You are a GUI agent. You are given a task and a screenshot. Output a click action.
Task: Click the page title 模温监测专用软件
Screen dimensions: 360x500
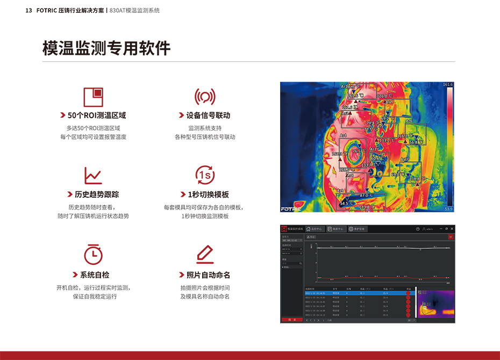106,48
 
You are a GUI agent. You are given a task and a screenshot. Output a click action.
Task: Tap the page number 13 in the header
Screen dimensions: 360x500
29,10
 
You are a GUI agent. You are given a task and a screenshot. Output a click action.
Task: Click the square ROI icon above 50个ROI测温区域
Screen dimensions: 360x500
93,97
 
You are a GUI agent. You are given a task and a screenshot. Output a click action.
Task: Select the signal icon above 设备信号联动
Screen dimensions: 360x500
204,97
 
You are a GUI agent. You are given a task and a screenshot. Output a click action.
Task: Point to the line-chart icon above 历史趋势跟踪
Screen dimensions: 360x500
93,175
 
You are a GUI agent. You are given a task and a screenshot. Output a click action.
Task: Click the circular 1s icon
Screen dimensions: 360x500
205,175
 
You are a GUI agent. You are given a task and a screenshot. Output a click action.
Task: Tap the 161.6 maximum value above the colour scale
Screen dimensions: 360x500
448,85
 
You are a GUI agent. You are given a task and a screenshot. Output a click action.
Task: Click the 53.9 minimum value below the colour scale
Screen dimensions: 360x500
448,208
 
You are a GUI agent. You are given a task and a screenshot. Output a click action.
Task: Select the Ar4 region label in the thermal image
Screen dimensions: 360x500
343,135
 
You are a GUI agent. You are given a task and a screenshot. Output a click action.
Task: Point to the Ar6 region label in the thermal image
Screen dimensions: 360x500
409,121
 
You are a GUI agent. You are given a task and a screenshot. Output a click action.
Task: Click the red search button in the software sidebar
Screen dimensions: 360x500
291,320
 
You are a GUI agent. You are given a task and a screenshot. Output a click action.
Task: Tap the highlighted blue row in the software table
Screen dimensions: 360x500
355,293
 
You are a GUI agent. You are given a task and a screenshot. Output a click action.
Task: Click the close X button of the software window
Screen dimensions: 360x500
452,229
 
